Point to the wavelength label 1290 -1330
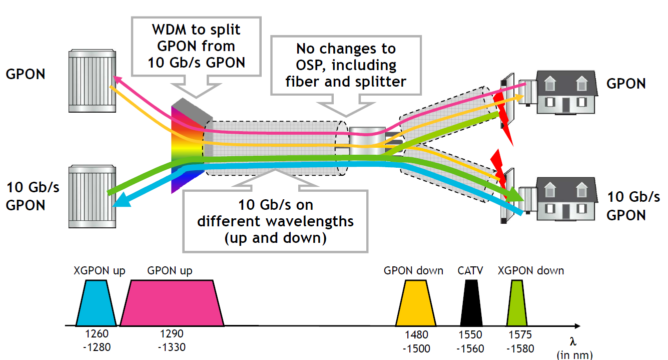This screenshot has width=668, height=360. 171,339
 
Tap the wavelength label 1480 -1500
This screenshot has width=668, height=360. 416,340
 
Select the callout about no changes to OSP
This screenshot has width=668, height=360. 346,65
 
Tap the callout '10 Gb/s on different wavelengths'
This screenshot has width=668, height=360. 275,221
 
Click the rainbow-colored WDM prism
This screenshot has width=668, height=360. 188,145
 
